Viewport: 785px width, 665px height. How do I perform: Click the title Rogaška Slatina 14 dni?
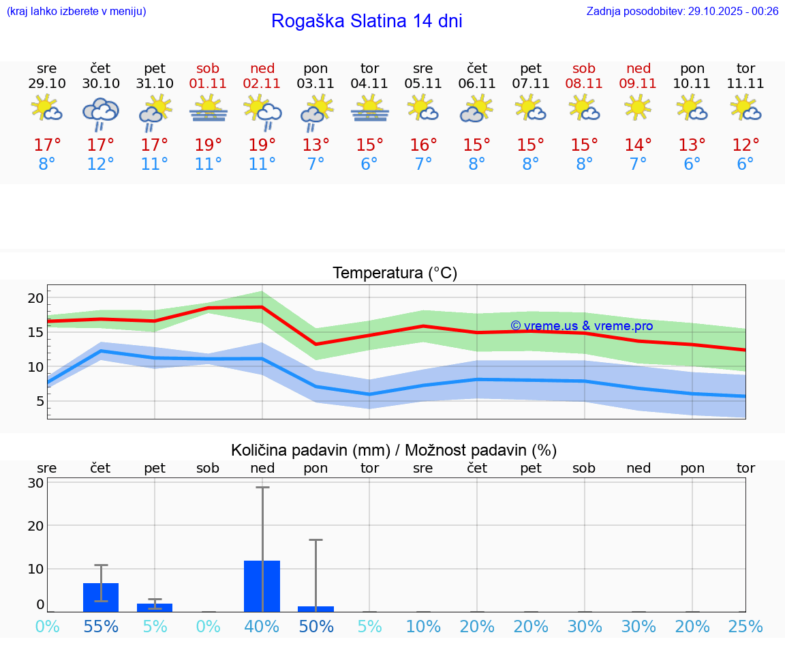tap(367, 21)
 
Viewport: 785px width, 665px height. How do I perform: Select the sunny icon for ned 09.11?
tap(638, 108)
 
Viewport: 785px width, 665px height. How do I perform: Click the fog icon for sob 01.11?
tap(209, 108)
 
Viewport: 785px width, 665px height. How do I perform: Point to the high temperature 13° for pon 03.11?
tap(315, 145)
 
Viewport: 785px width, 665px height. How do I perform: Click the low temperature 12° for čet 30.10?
tap(101, 164)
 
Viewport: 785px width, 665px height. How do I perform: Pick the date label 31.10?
tap(155, 84)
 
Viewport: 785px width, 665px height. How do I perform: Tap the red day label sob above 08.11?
tap(584, 68)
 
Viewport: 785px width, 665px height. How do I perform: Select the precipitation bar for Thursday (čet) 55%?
tap(101, 597)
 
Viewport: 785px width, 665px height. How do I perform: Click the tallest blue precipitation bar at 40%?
tap(262, 586)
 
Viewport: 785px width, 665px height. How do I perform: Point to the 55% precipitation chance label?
tap(101, 627)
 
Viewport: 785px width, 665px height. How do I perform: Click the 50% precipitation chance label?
tap(316, 627)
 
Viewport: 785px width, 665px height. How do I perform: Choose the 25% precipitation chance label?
tap(745, 627)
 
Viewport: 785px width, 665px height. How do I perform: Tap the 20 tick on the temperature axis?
tap(35, 298)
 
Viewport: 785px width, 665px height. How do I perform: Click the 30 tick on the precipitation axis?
tap(35, 483)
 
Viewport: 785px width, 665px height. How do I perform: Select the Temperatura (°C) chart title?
tap(395, 274)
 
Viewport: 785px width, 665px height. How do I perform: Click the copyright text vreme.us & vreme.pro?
tap(581, 326)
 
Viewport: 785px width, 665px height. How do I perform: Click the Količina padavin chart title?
tap(394, 450)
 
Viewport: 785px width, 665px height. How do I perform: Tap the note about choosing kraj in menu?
tap(76, 11)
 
